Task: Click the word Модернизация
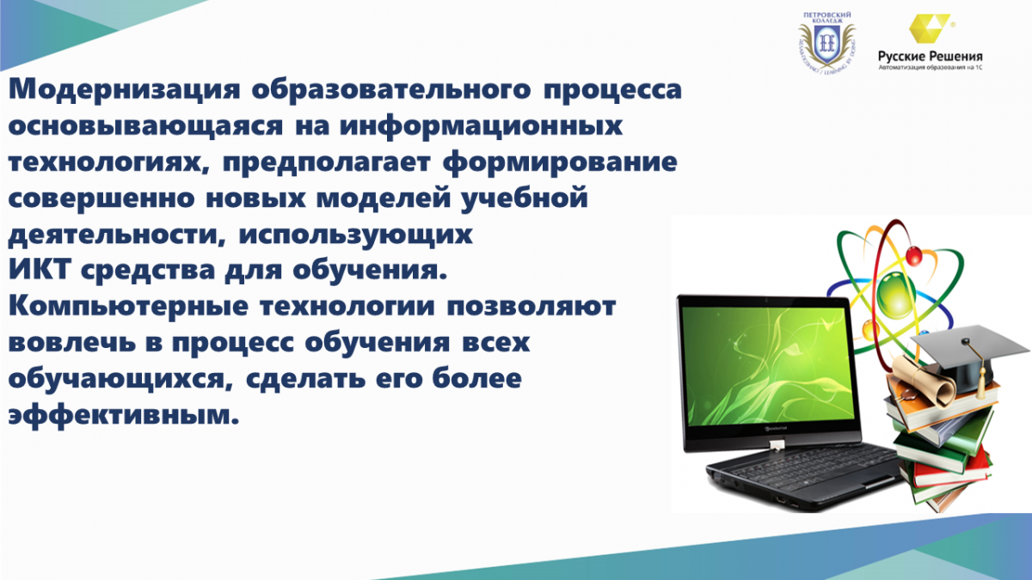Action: pos(124,89)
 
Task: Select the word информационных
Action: pos(481,125)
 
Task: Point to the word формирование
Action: pos(560,162)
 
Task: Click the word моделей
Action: pos(384,198)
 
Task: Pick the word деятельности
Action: pos(118,235)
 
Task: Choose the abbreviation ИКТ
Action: pos(40,269)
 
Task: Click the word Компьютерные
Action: pos(128,307)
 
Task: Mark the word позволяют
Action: pos(531,307)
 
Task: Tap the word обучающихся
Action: pos(120,380)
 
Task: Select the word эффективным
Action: pos(124,415)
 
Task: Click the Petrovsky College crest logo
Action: pos(826,43)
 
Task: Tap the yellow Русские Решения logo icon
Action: pos(930,28)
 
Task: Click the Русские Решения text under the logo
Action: pos(931,57)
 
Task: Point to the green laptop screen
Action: pos(768,366)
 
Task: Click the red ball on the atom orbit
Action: pos(914,256)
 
